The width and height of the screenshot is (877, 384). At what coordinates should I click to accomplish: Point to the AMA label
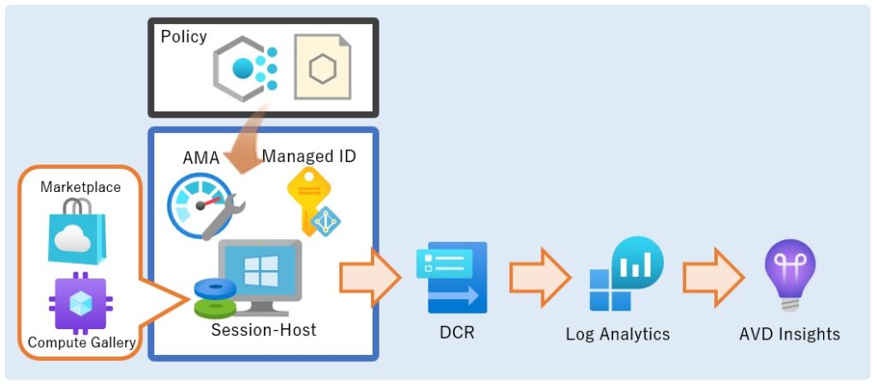(200, 157)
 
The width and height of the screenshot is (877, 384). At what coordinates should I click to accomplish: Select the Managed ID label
(309, 156)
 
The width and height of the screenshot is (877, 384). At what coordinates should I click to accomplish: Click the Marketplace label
(81, 186)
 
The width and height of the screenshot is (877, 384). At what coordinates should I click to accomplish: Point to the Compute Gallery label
(81, 343)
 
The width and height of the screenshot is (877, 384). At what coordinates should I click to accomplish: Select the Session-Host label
(264, 329)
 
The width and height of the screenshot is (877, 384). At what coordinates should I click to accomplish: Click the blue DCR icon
(451, 277)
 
